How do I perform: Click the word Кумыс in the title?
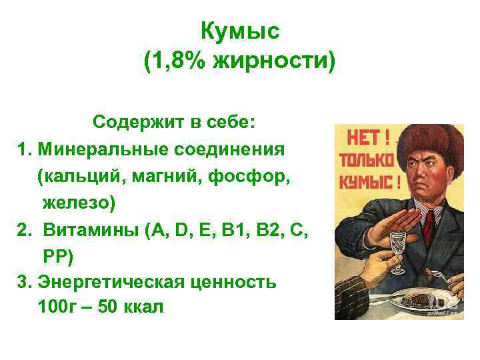tap(239, 31)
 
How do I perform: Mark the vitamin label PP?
tap(57, 255)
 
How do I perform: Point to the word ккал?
tap(139, 307)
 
